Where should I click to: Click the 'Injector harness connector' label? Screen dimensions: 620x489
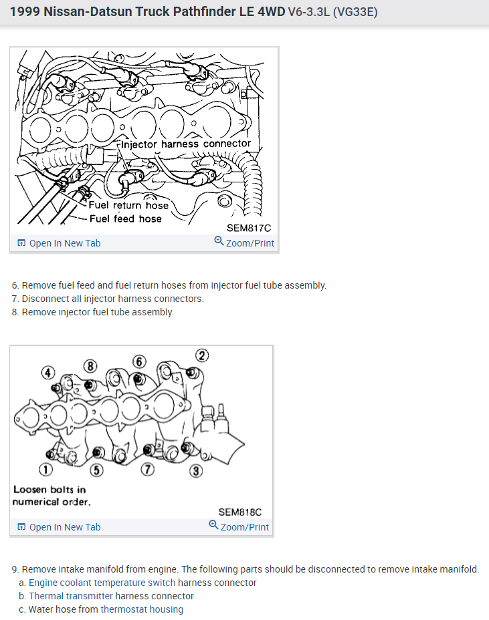(186, 144)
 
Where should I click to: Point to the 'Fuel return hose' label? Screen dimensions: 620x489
(128, 205)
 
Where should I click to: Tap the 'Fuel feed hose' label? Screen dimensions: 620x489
(125, 218)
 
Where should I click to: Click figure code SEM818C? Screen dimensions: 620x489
(239, 512)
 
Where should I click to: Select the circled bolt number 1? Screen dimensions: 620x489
(44, 470)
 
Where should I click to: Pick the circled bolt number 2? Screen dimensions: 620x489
(201, 355)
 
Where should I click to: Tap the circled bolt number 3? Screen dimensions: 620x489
(195, 472)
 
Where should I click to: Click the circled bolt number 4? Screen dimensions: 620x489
(47, 371)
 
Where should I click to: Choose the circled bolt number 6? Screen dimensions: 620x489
(139, 361)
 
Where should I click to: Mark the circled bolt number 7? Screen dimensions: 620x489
(148, 470)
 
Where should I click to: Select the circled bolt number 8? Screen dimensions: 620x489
(90, 365)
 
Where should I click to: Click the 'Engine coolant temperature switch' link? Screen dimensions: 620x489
(102, 583)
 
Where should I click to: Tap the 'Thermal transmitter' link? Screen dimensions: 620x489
(70, 596)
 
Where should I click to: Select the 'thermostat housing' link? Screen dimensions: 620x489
(142, 609)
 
